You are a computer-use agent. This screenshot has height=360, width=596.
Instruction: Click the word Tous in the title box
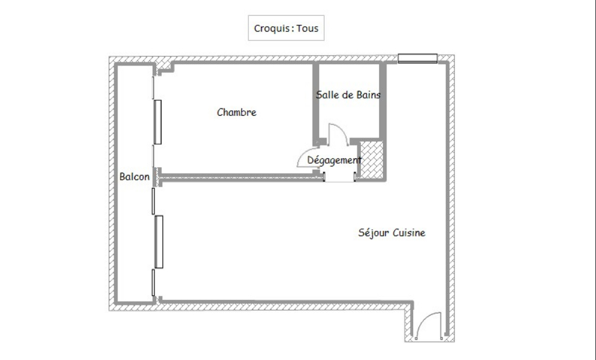point(308,28)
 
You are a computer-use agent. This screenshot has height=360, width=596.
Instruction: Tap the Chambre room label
point(236,112)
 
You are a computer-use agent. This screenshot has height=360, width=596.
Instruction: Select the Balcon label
point(134,176)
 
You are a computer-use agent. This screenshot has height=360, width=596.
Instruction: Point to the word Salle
point(328,95)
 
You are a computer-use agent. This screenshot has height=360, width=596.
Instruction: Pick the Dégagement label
point(334,161)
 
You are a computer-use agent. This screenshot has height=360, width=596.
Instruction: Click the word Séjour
point(374,233)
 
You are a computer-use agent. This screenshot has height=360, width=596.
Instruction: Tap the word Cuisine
point(409,233)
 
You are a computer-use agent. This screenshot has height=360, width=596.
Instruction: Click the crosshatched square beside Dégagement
point(371,159)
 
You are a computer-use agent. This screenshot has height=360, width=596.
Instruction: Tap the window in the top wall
point(417,58)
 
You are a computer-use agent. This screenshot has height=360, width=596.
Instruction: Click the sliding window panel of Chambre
point(157,122)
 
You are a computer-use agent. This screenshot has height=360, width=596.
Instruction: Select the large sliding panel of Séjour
point(159,242)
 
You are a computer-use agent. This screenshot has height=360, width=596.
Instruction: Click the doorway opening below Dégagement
point(339,178)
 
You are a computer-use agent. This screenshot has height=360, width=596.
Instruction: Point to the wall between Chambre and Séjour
point(237,176)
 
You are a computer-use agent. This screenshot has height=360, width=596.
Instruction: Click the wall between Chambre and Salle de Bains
point(316,102)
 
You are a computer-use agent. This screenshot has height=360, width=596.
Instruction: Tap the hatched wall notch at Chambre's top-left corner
point(164,67)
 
